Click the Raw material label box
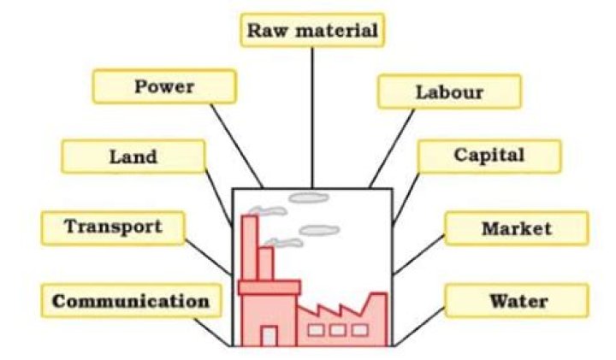311,31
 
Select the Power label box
163,86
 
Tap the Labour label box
448,91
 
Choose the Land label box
133,156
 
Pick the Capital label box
489,156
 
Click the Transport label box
113,227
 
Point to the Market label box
516,228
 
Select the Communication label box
130,301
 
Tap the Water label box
517,301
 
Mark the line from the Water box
420,330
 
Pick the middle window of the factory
336,329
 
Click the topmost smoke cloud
308,198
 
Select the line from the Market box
419,255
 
